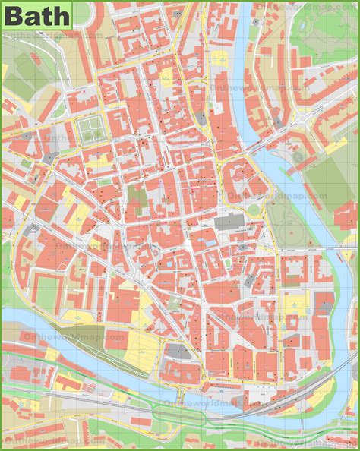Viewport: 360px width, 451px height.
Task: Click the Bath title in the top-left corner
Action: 36,14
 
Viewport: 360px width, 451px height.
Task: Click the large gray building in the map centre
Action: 227,221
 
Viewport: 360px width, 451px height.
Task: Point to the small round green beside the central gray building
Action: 253,209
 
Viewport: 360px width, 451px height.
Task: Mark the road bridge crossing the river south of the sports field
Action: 334,248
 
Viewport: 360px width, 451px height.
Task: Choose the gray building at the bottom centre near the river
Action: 175,350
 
